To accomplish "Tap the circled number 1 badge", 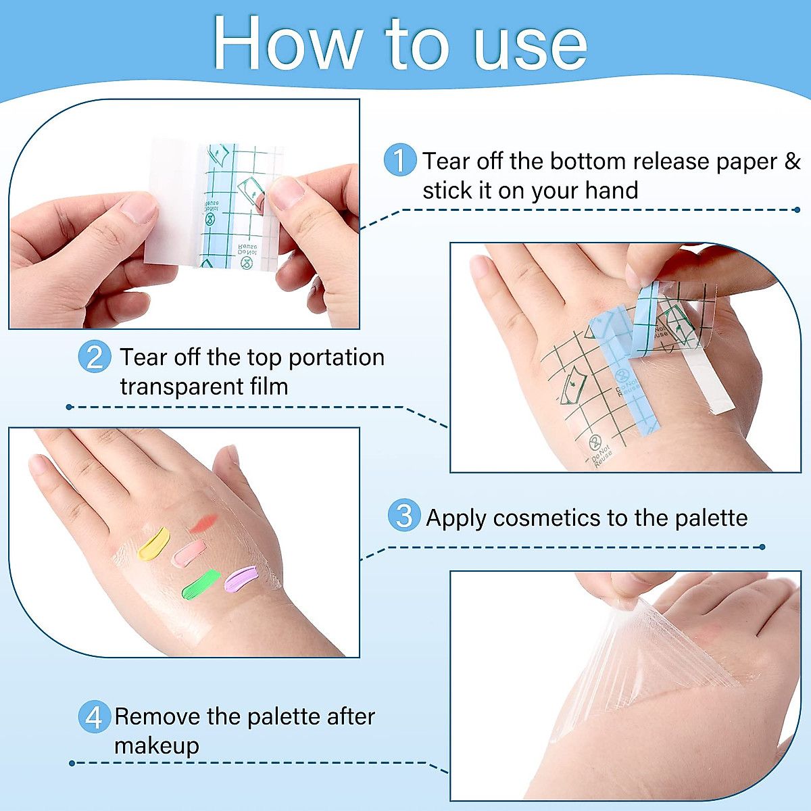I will point(399,161).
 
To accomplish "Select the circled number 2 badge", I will point(95,357).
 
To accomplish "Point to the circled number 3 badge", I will point(404,516).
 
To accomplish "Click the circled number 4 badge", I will point(94,716).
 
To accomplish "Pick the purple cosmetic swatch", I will point(241,579).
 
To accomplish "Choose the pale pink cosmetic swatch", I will point(189,552).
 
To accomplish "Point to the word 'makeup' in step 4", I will point(157,746).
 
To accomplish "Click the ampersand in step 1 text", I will point(792,162).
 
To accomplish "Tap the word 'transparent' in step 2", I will point(177,387).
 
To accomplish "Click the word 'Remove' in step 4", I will point(158,716).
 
